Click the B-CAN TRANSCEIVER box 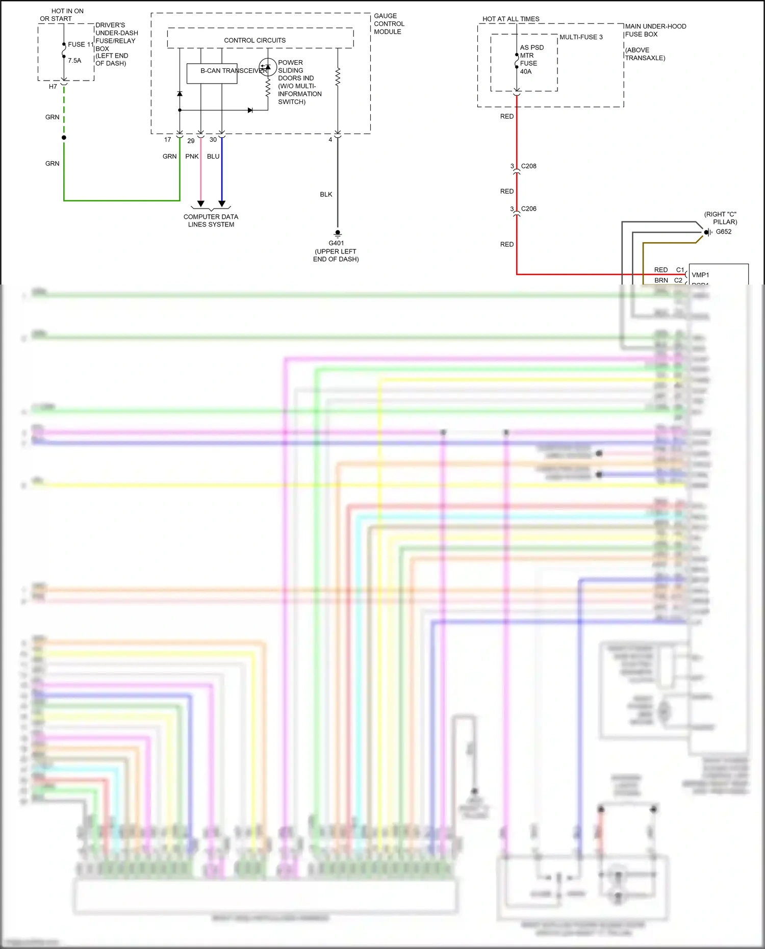[x=212, y=73]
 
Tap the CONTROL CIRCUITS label [x=254, y=40]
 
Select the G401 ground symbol [x=338, y=234]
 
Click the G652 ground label [x=723, y=232]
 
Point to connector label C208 [x=528, y=166]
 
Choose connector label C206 [x=528, y=209]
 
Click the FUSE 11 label [x=81, y=44]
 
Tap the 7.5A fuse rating [x=74, y=60]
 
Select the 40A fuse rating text [x=526, y=71]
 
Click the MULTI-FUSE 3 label [x=581, y=37]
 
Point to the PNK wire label [x=192, y=157]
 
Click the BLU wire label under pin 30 [x=213, y=157]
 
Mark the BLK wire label [x=326, y=194]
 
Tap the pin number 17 [x=168, y=140]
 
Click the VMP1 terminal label [x=700, y=275]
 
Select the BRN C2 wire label [x=661, y=280]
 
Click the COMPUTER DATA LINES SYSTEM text [x=211, y=220]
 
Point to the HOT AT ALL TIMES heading [x=511, y=19]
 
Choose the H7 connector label [x=53, y=87]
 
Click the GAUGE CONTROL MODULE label [x=389, y=24]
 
